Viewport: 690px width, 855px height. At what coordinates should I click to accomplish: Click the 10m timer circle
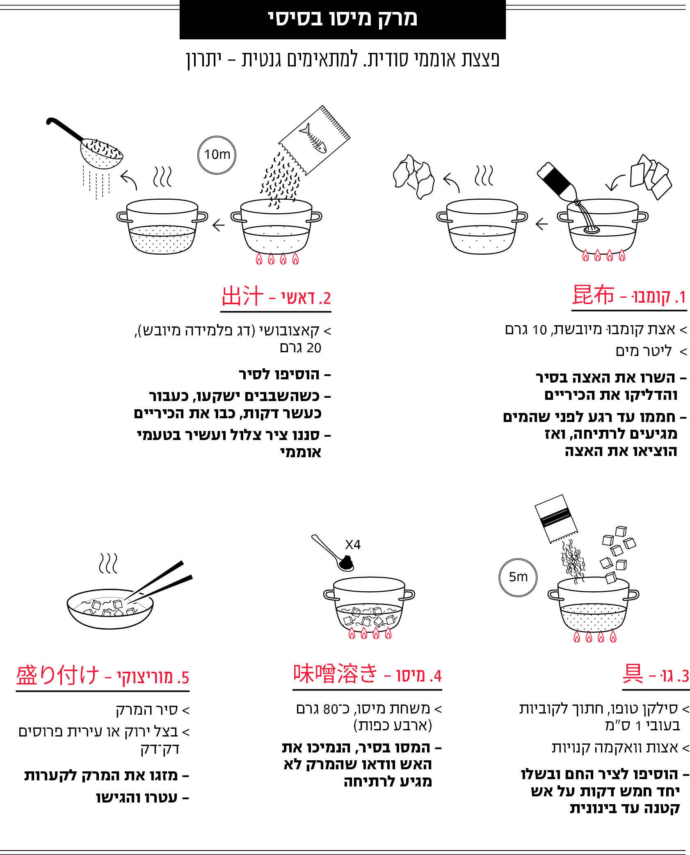tap(217, 155)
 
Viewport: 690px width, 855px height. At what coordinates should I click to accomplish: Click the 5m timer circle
tap(518, 577)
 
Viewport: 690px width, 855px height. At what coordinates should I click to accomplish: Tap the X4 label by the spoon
tap(352, 545)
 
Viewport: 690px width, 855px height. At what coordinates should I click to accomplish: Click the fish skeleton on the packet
tap(313, 138)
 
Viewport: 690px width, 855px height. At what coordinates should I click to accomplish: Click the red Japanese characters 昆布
tap(593, 295)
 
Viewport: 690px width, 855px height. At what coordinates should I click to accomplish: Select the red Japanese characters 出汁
tap(242, 296)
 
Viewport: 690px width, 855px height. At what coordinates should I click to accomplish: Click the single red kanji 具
tap(633, 673)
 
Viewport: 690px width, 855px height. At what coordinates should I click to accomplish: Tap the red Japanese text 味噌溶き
tap(335, 673)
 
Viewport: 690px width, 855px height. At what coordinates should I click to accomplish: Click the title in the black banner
tap(343, 19)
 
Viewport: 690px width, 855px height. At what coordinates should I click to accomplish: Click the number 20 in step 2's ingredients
tap(313, 348)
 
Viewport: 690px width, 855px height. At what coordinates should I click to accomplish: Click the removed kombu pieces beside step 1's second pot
tap(414, 177)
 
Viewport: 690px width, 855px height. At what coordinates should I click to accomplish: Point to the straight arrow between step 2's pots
tap(219, 225)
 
